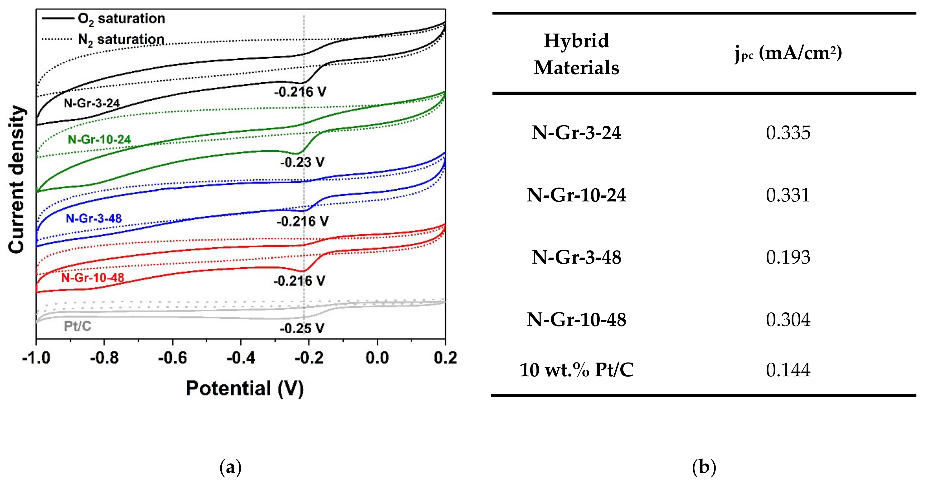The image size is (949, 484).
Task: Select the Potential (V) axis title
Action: (x=245, y=389)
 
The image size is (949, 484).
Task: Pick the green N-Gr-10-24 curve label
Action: (x=100, y=140)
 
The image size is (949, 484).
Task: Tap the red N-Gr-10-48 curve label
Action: (x=93, y=278)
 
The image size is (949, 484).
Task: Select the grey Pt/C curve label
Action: (x=77, y=326)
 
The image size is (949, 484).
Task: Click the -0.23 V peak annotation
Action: (x=302, y=162)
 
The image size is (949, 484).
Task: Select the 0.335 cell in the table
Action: (x=788, y=133)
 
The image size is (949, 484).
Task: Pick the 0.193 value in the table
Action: (x=788, y=257)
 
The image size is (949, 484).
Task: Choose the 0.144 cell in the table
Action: (x=788, y=370)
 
